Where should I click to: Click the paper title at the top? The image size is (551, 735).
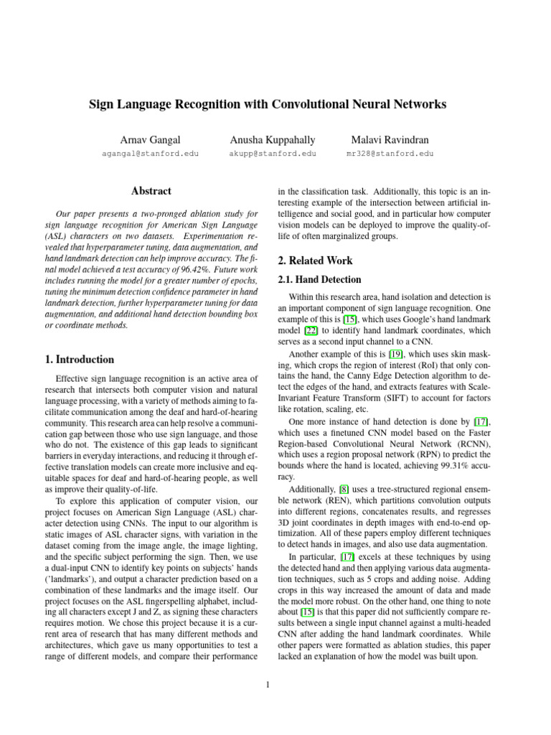(x=267, y=104)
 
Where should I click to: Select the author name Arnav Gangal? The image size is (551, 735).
(x=151, y=139)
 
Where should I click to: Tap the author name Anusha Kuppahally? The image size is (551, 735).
(x=272, y=139)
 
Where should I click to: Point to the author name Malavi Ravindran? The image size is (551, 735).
(x=390, y=139)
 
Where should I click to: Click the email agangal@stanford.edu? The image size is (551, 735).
(x=151, y=154)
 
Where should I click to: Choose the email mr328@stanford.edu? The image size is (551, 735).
(x=390, y=154)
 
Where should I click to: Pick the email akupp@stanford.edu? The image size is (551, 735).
(x=272, y=154)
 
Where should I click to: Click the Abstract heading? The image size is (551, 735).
(x=151, y=191)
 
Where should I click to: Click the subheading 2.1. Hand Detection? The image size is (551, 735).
(x=319, y=279)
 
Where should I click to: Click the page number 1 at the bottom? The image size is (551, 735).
(x=267, y=685)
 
